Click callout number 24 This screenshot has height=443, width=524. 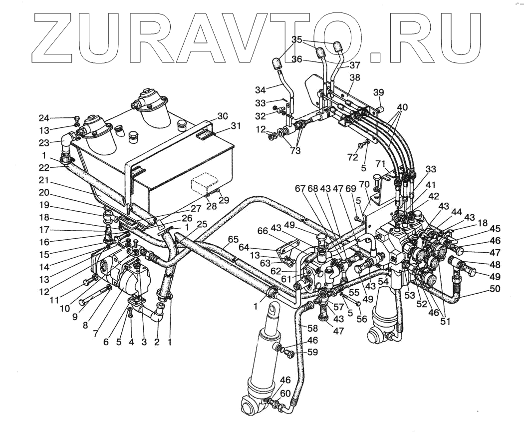pyautogui.click(x=45, y=119)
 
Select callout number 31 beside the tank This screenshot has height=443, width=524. pyautogui.click(x=236, y=126)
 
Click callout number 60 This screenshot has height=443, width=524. pyautogui.click(x=285, y=393)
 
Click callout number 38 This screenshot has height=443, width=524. pyautogui.click(x=355, y=78)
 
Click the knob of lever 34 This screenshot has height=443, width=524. pyautogui.click(x=277, y=63)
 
